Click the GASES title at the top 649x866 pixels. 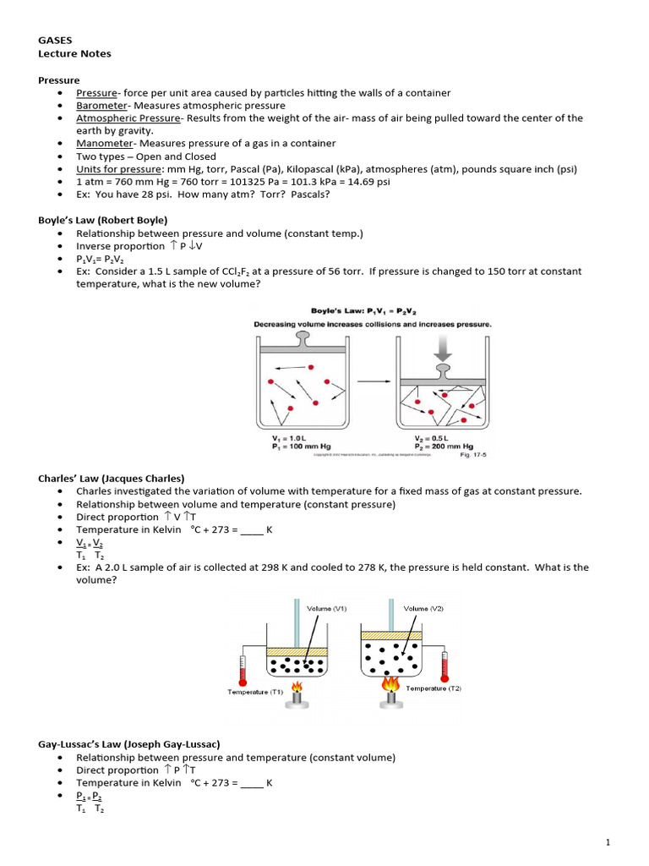point(56,40)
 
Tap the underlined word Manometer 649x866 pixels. point(103,144)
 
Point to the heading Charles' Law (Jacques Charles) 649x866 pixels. point(111,478)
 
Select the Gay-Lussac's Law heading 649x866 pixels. point(129,744)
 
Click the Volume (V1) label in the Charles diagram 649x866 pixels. point(327,608)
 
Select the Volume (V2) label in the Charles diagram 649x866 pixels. point(423,608)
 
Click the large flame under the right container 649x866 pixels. point(390,683)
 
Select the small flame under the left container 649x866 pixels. point(297,687)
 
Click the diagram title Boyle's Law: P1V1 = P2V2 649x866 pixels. point(372,310)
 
